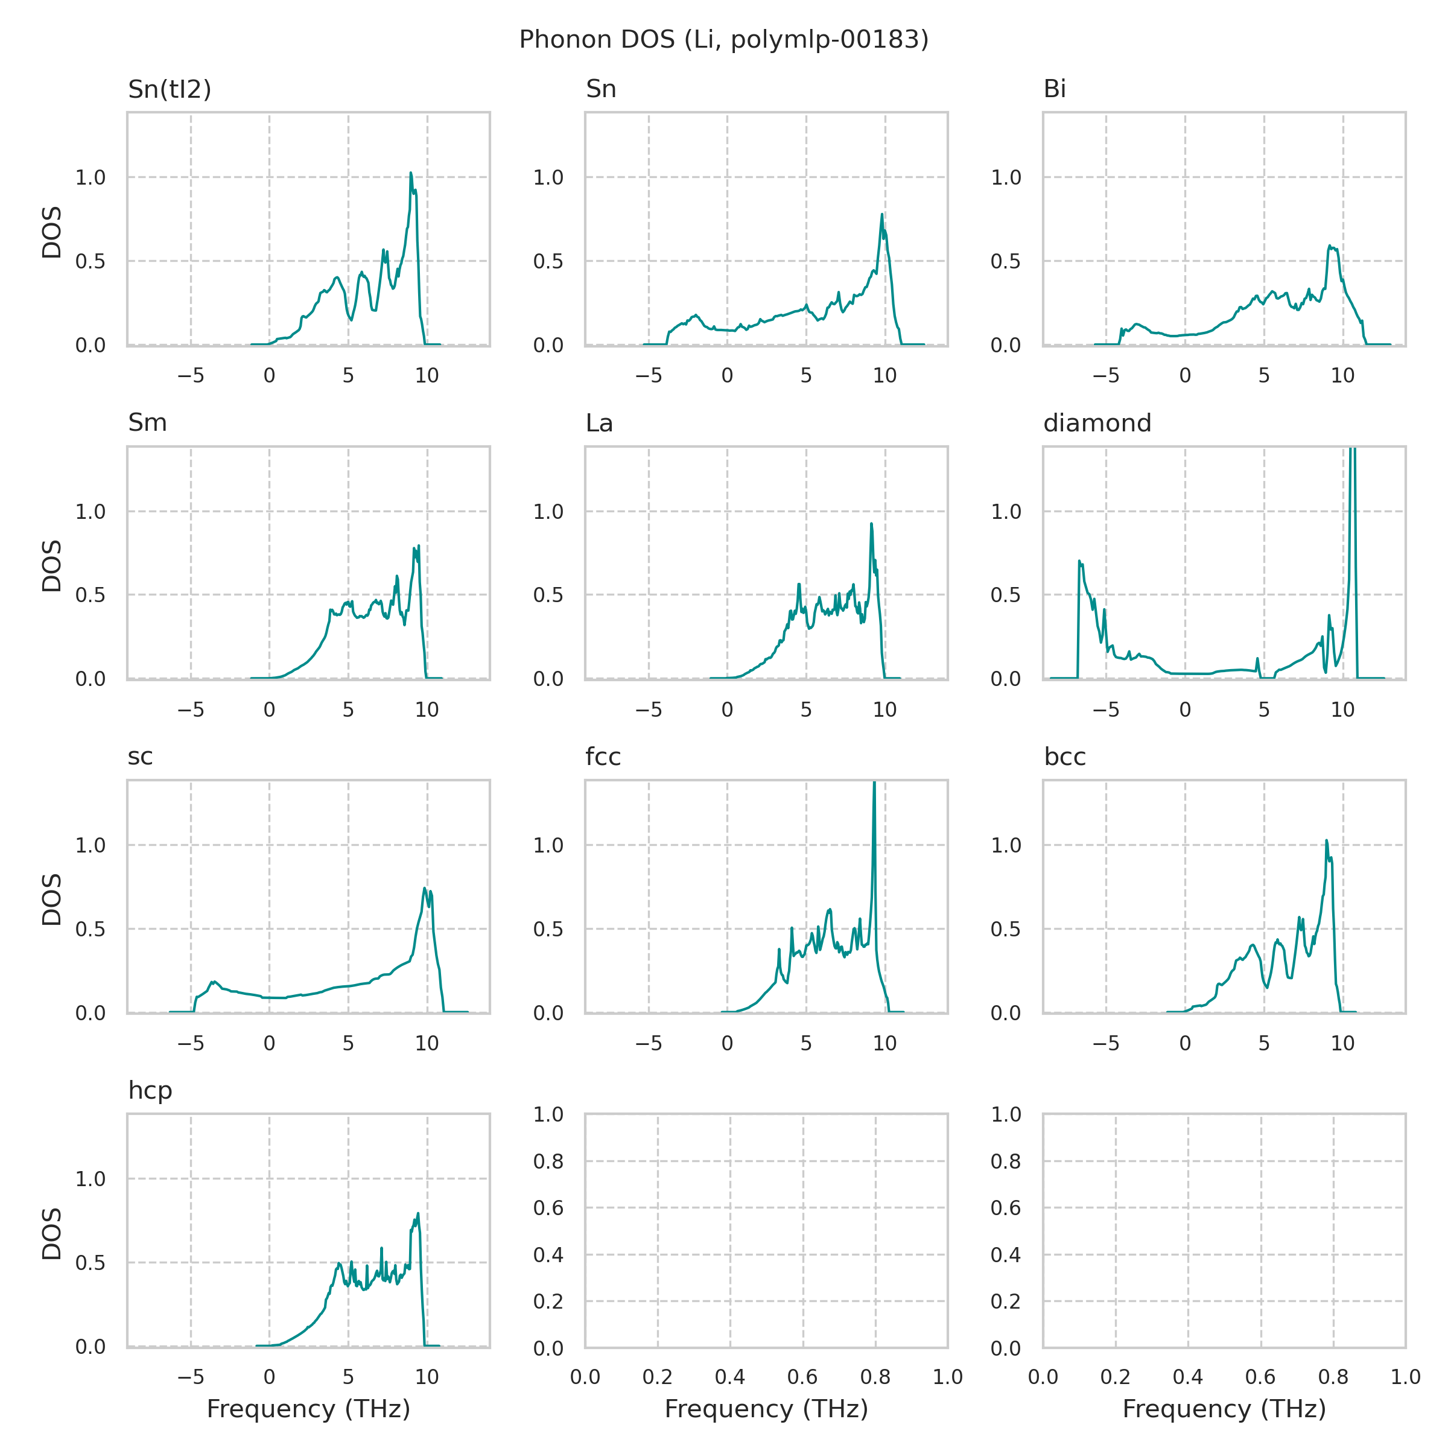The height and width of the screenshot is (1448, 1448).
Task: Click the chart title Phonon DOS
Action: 723,40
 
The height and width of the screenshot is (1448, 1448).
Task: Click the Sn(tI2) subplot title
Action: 170,89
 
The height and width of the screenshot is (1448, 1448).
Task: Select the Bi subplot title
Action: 1055,89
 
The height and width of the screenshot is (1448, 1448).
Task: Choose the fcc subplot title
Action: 603,757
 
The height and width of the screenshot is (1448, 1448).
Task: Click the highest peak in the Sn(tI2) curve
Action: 411,174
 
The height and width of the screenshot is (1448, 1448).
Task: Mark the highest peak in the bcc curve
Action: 1326,841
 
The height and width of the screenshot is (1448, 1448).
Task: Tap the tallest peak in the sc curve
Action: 425,889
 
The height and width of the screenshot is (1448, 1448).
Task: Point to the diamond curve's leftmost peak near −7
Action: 1079,561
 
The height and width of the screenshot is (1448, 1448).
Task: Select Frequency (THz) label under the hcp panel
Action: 308,1409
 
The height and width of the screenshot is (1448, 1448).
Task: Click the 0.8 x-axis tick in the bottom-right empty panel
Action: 1333,1377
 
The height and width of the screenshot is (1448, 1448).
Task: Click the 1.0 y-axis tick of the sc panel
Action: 90,845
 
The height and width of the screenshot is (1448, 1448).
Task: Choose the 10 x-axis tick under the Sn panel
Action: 884,376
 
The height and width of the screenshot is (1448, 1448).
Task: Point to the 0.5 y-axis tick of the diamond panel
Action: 1006,595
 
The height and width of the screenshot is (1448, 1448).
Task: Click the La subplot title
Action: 599,424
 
